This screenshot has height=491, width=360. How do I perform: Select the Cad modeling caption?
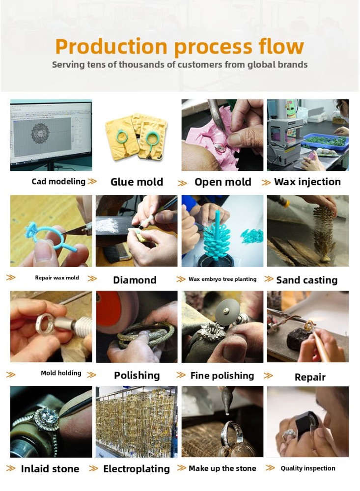(x=58, y=181)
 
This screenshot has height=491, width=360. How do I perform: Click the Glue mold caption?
(x=137, y=182)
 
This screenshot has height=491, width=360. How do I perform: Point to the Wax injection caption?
(x=307, y=182)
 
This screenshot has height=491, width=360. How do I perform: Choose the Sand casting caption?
(x=307, y=280)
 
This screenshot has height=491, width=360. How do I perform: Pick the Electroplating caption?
(x=137, y=469)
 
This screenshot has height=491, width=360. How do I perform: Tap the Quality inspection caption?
(x=308, y=468)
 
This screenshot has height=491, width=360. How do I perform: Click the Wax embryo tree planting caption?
(x=222, y=279)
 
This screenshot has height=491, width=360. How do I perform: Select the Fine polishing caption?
(x=222, y=376)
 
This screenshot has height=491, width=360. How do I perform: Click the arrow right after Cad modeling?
(x=92, y=181)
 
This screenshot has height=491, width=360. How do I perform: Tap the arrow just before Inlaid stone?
(x=11, y=468)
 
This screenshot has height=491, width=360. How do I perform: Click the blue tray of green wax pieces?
(x=325, y=143)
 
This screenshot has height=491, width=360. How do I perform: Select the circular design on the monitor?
(x=40, y=134)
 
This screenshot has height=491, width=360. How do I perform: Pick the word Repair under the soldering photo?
(x=310, y=377)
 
